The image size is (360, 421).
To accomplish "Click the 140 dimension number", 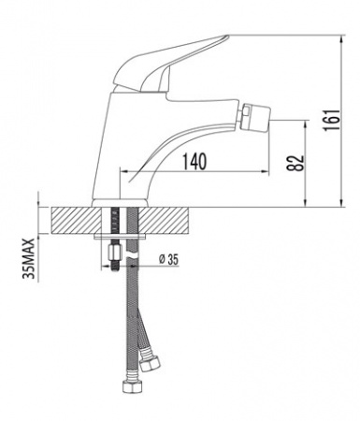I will click(192, 160).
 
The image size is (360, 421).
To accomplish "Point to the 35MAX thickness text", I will click(29, 257).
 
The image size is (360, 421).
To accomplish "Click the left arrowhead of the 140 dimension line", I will click(123, 171).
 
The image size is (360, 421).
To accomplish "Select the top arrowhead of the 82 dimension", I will click(309, 123).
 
